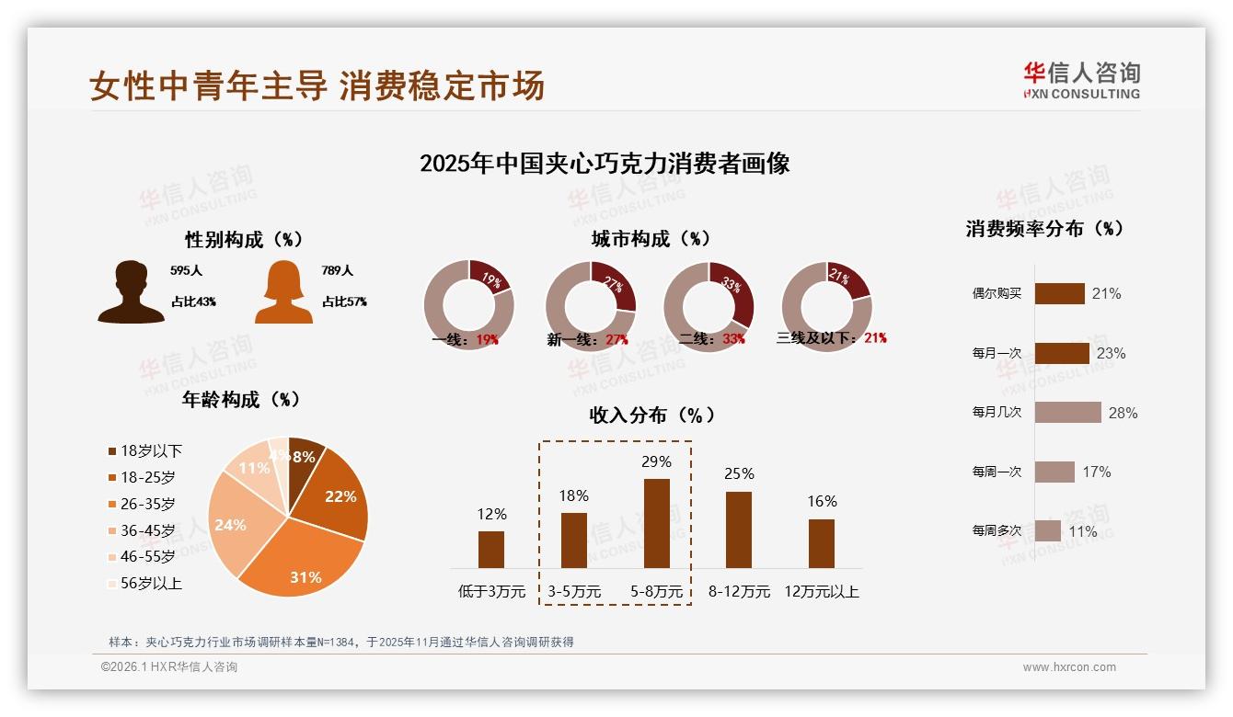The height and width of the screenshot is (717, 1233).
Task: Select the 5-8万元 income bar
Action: click(x=656, y=523)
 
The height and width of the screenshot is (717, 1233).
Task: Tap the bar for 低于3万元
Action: click(x=491, y=549)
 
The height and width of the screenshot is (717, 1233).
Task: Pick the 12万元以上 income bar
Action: click(x=822, y=543)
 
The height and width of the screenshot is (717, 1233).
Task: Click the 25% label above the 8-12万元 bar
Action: click(x=739, y=474)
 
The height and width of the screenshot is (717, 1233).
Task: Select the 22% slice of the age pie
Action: click(x=336, y=496)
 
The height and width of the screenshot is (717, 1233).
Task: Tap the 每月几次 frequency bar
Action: click(x=1067, y=413)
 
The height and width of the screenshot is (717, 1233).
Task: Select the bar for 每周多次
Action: click(x=1047, y=531)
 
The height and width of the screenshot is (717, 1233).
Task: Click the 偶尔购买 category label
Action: click(x=997, y=294)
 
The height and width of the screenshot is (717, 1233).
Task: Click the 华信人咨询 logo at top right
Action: click(x=1081, y=81)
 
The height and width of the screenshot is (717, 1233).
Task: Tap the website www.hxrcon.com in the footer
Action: click(x=1069, y=667)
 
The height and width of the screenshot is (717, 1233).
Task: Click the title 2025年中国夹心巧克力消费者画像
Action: click(x=605, y=165)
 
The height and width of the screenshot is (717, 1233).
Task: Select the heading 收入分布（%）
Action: click(x=651, y=415)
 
